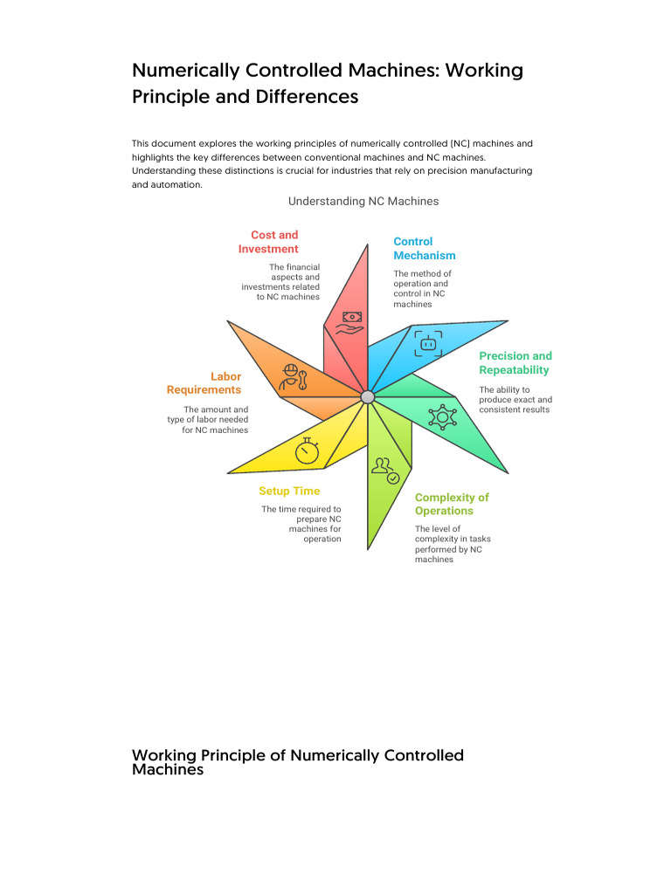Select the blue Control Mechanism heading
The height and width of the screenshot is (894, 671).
424,249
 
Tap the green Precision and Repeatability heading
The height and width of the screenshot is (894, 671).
515,362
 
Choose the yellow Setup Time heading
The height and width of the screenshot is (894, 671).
289,491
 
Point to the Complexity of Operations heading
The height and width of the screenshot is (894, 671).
452,504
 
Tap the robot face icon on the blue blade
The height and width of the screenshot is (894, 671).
427,342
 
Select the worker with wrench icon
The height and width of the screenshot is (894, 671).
292,376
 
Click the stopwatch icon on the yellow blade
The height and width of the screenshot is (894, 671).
308,450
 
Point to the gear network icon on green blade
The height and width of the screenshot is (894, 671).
442,416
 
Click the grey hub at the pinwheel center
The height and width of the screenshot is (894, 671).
368,397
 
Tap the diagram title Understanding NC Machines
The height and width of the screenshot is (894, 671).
363,201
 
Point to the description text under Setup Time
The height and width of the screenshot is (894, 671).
301,524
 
